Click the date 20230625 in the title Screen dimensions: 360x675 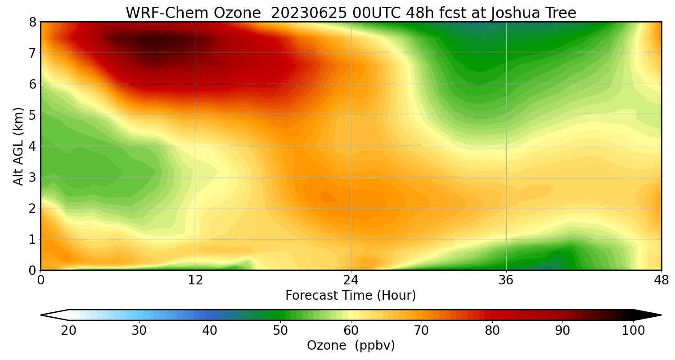(308, 13)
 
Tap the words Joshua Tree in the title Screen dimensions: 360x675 (534, 13)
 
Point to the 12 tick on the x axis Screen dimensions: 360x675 (196, 280)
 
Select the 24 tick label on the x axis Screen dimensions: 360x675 (351, 280)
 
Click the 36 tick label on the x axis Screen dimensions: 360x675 (506, 280)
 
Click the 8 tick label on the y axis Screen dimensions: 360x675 (32, 22)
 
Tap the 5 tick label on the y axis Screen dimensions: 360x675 (32, 115)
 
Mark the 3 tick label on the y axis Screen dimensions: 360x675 (32, 177)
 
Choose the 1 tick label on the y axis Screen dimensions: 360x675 (32, 239)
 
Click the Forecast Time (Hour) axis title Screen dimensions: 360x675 (351, 296)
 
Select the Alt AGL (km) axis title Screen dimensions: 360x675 (18, 146)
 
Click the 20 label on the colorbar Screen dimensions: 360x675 (69, 331)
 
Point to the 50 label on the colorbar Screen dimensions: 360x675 (280, 331)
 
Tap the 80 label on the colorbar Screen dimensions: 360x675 (492, 331)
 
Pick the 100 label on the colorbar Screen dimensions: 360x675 (633, 331)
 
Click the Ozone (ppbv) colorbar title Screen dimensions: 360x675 (351, 346)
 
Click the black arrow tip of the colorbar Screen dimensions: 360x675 (650, 315)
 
